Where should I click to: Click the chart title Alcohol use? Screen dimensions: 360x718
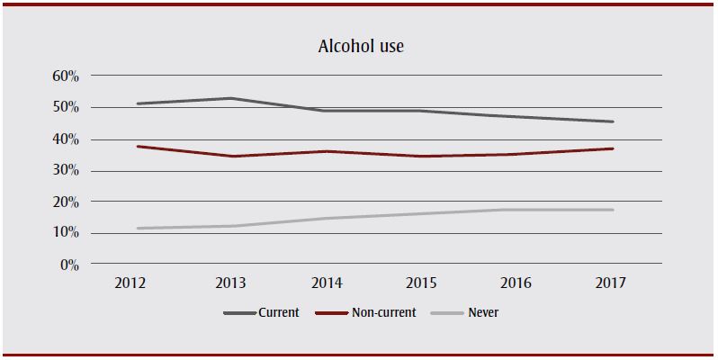click(x=359, y=46)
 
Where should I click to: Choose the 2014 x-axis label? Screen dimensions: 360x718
click(x=328, y=283)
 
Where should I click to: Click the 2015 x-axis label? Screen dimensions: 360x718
click(x=423, y=283)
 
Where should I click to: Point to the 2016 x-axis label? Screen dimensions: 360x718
click(x=517, y=283)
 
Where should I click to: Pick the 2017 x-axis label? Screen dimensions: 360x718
click(x=613, y=283)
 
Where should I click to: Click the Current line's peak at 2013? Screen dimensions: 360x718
click(x=232, y=98)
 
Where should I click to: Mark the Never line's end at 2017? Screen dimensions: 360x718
click(x=613, y=210)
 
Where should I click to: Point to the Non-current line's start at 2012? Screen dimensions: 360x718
click(x=137, y=146)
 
